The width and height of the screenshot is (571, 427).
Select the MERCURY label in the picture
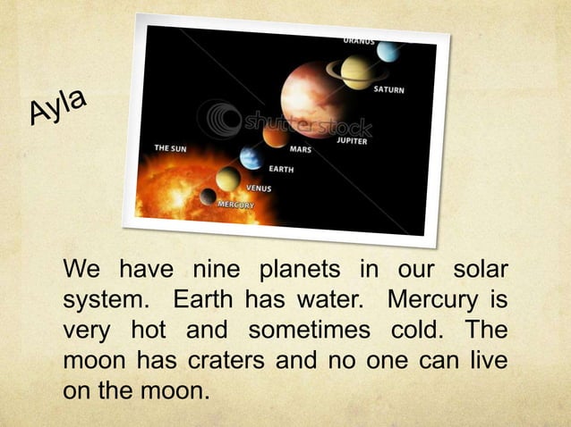coord(235,205)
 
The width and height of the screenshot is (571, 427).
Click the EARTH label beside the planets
coord(281,168)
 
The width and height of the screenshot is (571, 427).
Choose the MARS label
coord(301,149)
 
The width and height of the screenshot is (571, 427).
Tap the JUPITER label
coord(352,140)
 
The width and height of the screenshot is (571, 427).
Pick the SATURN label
coord(388,89)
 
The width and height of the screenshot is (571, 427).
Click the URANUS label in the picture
coord(359,40)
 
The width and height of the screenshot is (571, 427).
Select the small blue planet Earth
coord(251,158)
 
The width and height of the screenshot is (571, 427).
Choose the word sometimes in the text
coord(309,330)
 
